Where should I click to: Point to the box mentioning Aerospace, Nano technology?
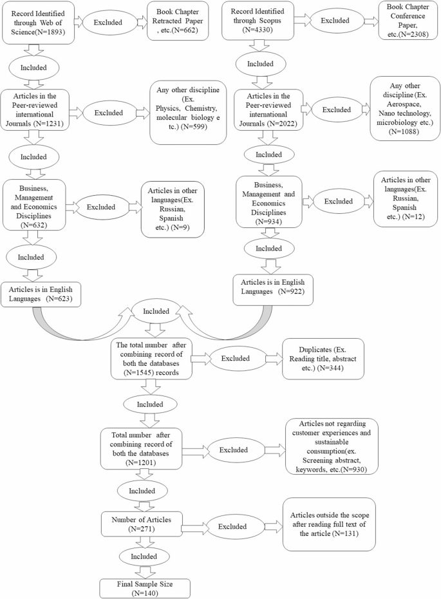click(404, 108)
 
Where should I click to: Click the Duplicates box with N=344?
click(323, 357)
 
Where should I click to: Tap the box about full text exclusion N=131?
click(328, 524)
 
